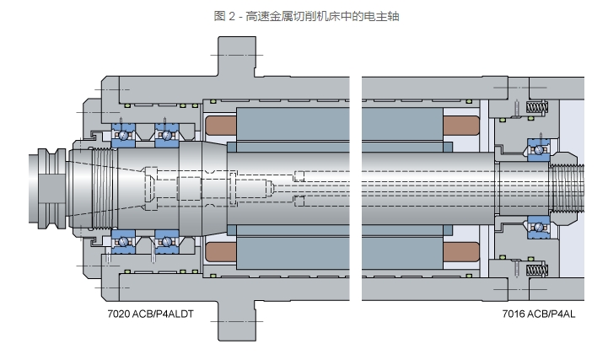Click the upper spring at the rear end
535,107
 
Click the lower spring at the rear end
535,269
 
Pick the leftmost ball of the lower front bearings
124,242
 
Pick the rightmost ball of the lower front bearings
166,242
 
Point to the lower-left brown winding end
221,251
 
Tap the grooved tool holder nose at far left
46,187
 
